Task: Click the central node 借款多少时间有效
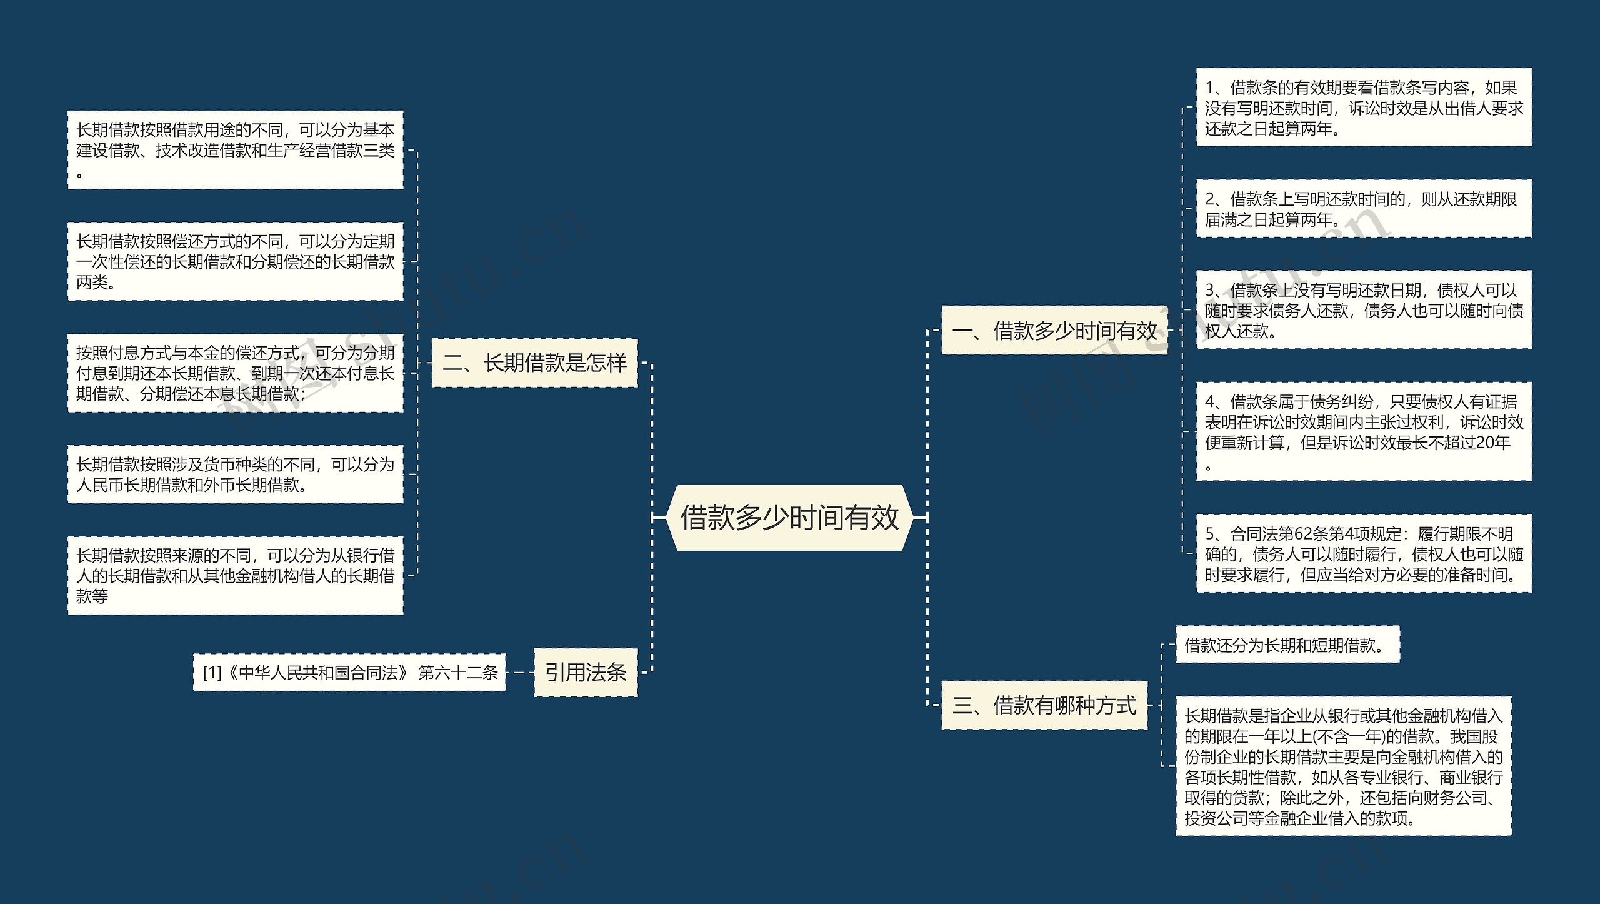tap(789, 518)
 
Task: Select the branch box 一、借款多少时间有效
tap(1054, 331)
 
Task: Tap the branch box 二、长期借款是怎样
tap(534, 363)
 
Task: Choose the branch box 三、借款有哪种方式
tap(1044, 705)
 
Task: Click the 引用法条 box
tap(586, 672)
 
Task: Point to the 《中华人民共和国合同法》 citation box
tap(349, 672)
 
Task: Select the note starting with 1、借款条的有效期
tap(1364, 108)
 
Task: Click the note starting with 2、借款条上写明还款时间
tap(1364, 209)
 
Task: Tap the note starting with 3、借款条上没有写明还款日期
tap(1364, 310)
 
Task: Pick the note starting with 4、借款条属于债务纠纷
tap(1364, 432)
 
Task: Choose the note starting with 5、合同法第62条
tap(1364, 554)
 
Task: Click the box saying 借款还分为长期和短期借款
tap(1287, 645)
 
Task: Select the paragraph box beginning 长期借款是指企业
tap(1343, 766)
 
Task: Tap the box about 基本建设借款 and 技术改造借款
tap(235, 150)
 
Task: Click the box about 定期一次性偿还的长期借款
tap(235, 261)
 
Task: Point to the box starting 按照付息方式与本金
tap(235, 373)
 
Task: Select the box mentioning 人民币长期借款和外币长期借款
tap(235, 474)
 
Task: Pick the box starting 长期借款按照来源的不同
tap(235, 575)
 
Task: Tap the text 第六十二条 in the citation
tap(458, 673)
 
